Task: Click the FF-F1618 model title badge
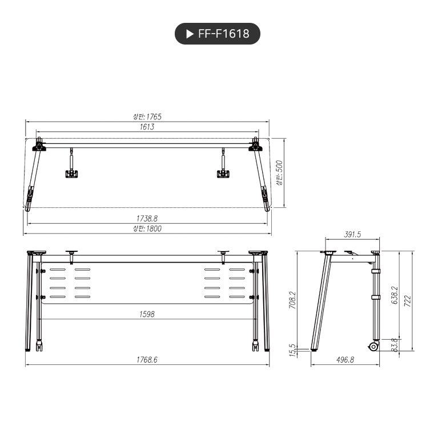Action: click(217, 34)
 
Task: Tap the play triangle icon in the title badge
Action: click(190, 34)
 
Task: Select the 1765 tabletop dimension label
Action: click(147, 116)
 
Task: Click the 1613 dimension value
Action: click(147, 127)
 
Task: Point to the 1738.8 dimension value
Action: click(147, 218)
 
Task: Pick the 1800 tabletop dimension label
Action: click(147, 228)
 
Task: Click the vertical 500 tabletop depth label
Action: click(279, 172)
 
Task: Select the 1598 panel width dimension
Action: click(147, 314)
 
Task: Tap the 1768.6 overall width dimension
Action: click(147, 360)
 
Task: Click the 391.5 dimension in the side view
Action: click(353, 235)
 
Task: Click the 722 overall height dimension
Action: click(407, 301)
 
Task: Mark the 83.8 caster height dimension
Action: click(394, 345)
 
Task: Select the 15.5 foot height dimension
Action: click(293, 350)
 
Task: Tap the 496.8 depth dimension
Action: click(345, 360)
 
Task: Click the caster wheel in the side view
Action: click(373, 346)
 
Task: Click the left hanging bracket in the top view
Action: click(71, 172)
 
